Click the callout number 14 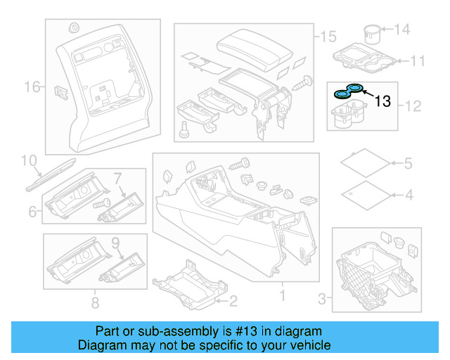(401, 29)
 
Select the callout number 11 (418, 60)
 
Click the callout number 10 (29, 161)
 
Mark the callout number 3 (323, 299)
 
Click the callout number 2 (233, 302)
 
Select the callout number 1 (282, 297)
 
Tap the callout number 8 (94, 303)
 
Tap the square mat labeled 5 (364, 162)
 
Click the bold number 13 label (382, 101)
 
